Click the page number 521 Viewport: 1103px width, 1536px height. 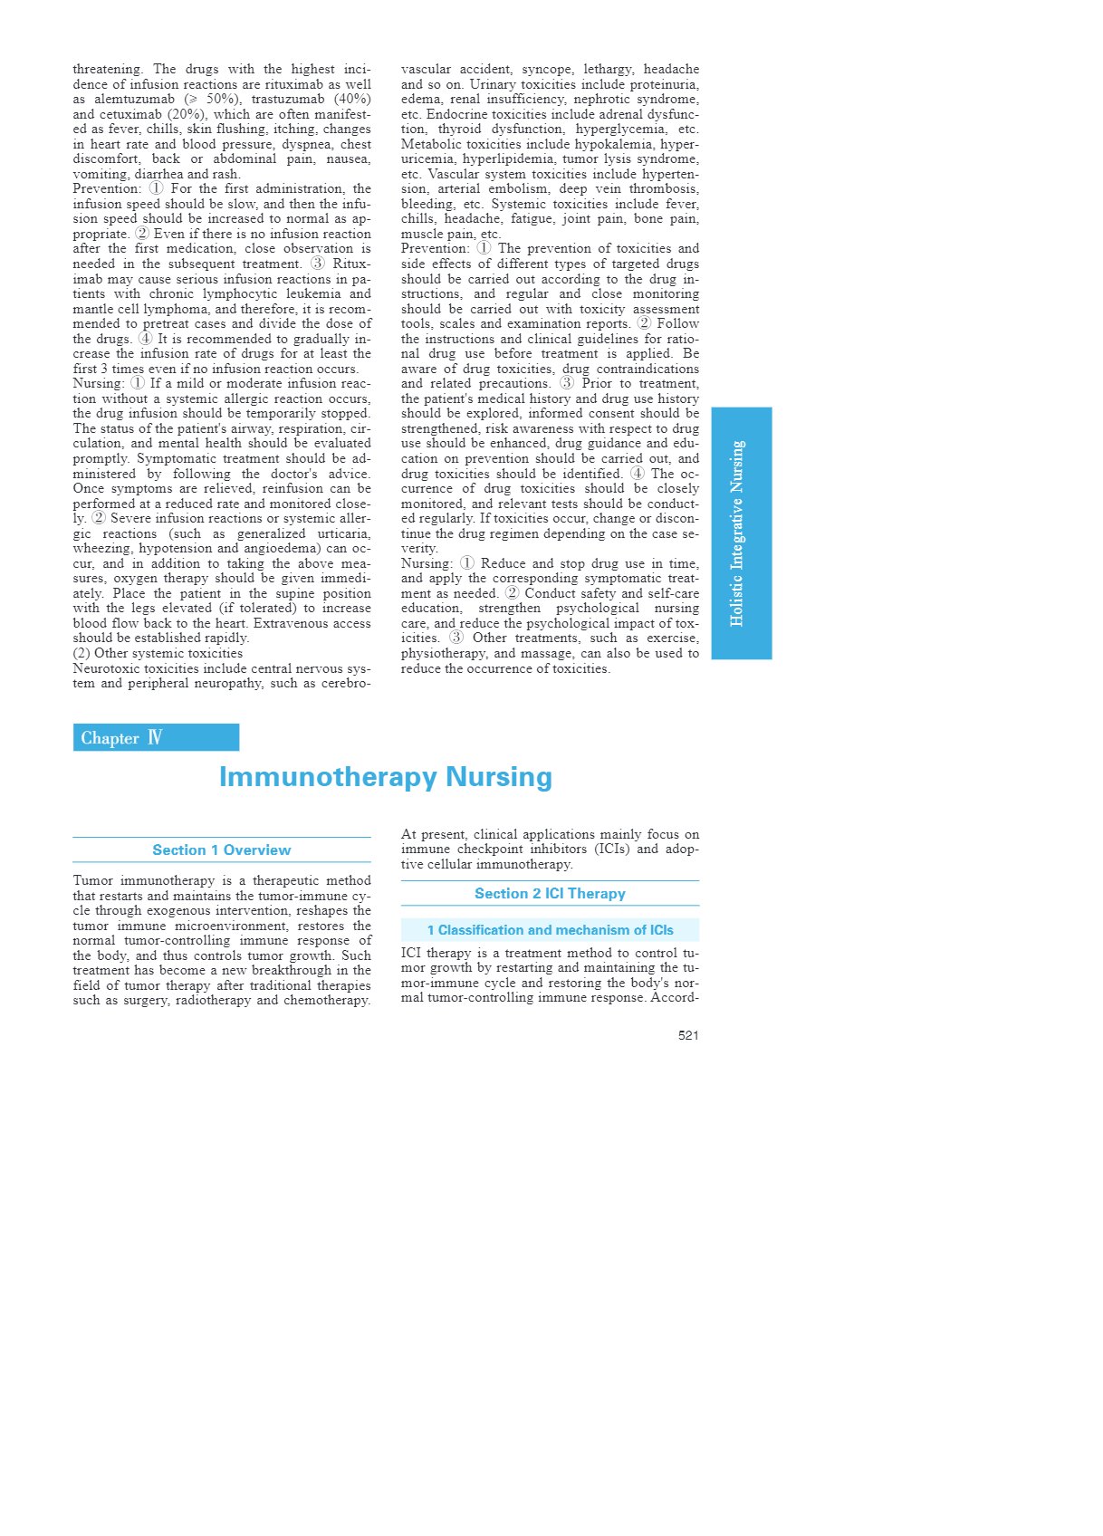[688, 1035]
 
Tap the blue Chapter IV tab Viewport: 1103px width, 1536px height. [156, 737]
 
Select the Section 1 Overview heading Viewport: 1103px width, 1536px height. [222, 850]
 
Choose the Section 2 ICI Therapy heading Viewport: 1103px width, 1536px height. [550, 893]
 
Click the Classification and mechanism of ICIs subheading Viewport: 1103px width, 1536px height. [550, 930]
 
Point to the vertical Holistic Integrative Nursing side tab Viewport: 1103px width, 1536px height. [741, 533]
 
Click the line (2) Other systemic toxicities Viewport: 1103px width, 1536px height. [158, 653]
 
